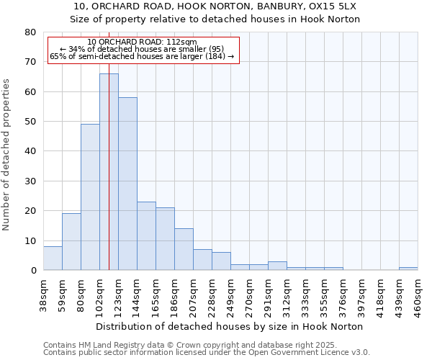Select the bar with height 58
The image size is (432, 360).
127,184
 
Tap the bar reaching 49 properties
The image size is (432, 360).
90,198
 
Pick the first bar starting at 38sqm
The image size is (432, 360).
53,258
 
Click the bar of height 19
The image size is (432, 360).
71,242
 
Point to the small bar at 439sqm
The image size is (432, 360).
408,269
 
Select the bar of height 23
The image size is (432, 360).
146,236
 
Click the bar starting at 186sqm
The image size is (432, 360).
184,249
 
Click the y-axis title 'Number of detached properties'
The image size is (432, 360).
7,154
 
